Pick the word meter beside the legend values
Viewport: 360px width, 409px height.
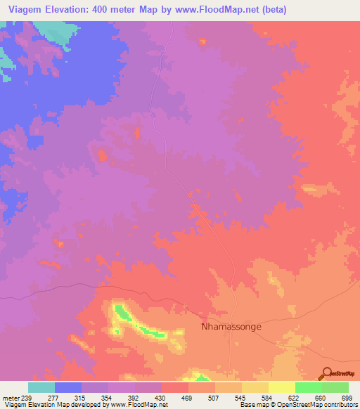[x=11, y=397]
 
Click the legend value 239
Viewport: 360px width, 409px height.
[x=27, y=397]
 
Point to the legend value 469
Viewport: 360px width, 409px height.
[x=188, y=397]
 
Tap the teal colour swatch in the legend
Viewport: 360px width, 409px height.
[x=41, y=387]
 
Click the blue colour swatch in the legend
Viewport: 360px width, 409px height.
[x=67, y=387]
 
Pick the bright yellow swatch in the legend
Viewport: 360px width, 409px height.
[x=281, y=387]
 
